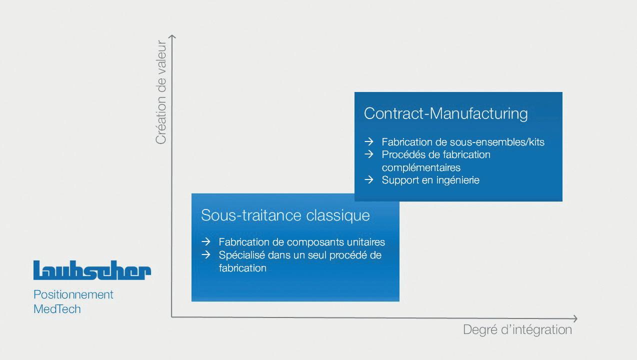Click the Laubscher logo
(x=92, y=270)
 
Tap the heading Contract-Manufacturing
(x=445, y=113)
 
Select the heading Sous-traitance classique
(x=285, y=215)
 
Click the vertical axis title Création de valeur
(x=161, y=92)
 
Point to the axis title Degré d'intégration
(x=517, y=330)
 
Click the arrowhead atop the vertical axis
(x=172, y=37)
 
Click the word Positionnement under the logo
(x=73, y=294)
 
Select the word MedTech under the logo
(x=57, y=309)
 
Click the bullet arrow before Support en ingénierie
(x=369, y=179)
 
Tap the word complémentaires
(x=421, y=167)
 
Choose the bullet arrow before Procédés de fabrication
(x=369, y=154)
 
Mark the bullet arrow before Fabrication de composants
(x=205, y=242)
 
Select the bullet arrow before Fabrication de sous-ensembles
(x=369, y=142)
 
